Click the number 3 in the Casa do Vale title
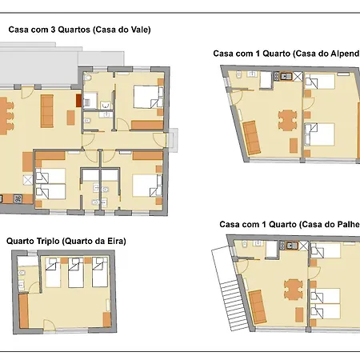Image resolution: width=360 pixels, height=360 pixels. click(x=53, y=30)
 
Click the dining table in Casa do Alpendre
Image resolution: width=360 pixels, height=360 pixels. click(x=287, y=120)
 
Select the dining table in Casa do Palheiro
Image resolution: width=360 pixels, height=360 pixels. click(x=294, y=290)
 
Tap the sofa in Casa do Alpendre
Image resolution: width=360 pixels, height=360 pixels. click(x=252, y=138)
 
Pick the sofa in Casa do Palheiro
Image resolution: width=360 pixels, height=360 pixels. click(x=258, y=307)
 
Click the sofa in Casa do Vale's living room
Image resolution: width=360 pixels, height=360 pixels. click(x=47, y=111)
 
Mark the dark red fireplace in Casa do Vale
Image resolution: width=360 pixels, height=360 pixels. click(x=78, y=101)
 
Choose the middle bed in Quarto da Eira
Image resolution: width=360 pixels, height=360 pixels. click(x=76, y=272)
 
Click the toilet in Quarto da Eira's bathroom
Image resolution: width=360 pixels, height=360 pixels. click(x=22, y=273)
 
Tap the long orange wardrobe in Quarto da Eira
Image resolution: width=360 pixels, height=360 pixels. click(x=23, y=311)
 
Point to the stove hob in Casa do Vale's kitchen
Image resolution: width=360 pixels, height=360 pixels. click(x=18, y=198)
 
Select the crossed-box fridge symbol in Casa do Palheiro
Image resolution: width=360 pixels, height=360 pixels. click(x=303, y=246)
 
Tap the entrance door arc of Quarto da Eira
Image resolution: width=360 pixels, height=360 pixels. click(x=50, y=324)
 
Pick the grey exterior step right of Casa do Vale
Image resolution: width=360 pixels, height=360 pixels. click(x=173, y=140)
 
